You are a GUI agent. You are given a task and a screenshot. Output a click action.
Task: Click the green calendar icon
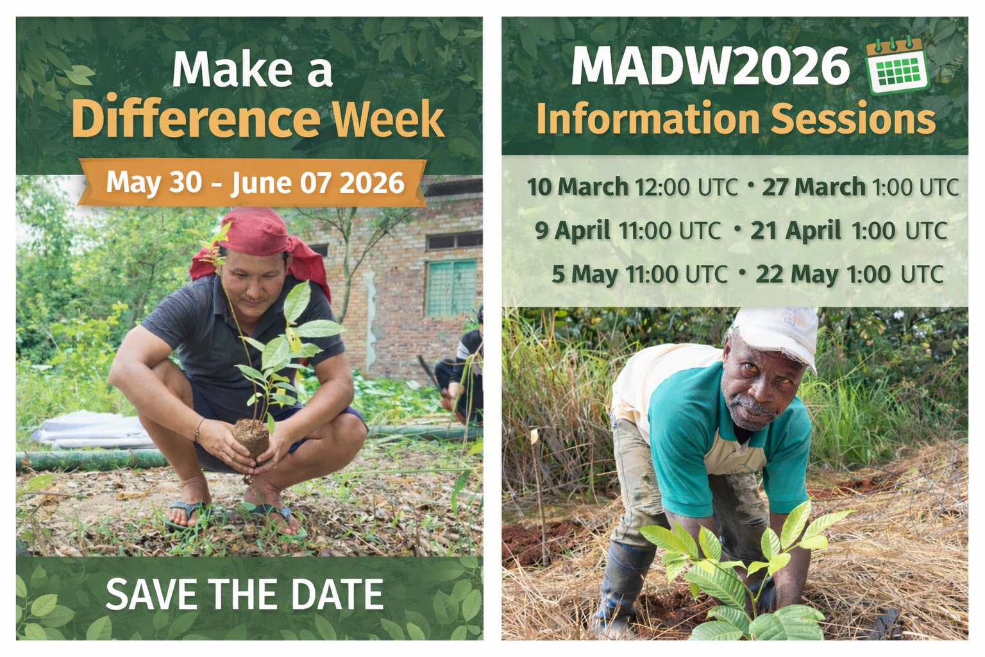tap(897, 66)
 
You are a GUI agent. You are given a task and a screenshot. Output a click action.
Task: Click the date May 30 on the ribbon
tap(154, 182)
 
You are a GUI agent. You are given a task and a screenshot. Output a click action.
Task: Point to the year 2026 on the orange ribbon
tap(372, 183)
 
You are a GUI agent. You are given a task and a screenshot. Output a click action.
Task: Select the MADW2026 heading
tap(711, 66)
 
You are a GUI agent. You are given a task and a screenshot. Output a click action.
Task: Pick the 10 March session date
tap(577, 187)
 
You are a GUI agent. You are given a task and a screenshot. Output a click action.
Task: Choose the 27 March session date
tap(814, 187)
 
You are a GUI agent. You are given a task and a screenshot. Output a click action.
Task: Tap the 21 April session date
tap(795, 230)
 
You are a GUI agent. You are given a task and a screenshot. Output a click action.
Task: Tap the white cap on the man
tap(776, 334)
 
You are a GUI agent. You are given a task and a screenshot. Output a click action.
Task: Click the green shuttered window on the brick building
tap(451, 288)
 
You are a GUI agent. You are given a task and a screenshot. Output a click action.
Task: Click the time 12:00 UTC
tap(686, 187)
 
